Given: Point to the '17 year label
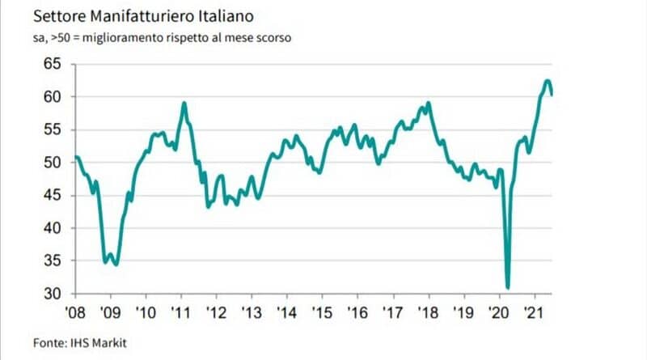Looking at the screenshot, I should pyautogui.click(x=393, y=311).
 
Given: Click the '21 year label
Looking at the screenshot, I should pyautogui.click(x=534, y=311).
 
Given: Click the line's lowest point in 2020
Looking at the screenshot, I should pyautogui.click(x=508, y=287).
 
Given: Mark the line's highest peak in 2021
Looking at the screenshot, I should pyautogui.click(x=548, y=80).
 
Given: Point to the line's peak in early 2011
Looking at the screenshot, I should pyautogui.click(x=185, y=103).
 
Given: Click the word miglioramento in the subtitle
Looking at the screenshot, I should pyautogui.click(x=131, y=38).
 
